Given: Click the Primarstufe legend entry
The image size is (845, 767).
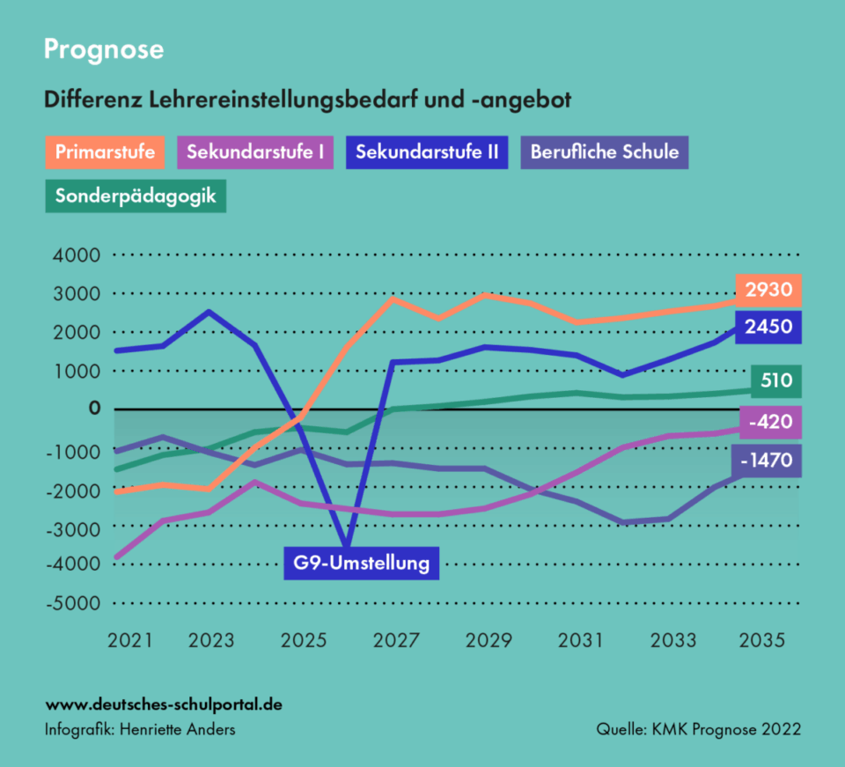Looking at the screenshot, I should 105,152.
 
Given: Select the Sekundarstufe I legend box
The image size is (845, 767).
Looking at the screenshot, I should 255,152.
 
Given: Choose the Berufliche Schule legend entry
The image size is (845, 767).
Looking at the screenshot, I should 604,152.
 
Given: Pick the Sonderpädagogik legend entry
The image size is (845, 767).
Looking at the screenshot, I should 136,195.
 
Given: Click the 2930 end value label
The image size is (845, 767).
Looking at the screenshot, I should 769,289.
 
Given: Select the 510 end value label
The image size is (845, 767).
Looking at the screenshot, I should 775,381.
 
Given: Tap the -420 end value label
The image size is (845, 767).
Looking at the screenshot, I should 771,423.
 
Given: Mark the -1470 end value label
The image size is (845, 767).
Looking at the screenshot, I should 767,461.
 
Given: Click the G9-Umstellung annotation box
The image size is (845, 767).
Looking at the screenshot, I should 361,562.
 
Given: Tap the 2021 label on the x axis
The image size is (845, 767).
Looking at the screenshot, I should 130,640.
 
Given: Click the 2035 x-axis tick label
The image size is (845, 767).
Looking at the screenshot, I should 761,640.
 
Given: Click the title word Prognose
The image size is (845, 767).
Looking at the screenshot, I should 104,49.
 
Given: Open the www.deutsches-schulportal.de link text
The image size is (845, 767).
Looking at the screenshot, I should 164,705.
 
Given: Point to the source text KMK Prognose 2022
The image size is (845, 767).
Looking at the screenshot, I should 698,730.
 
